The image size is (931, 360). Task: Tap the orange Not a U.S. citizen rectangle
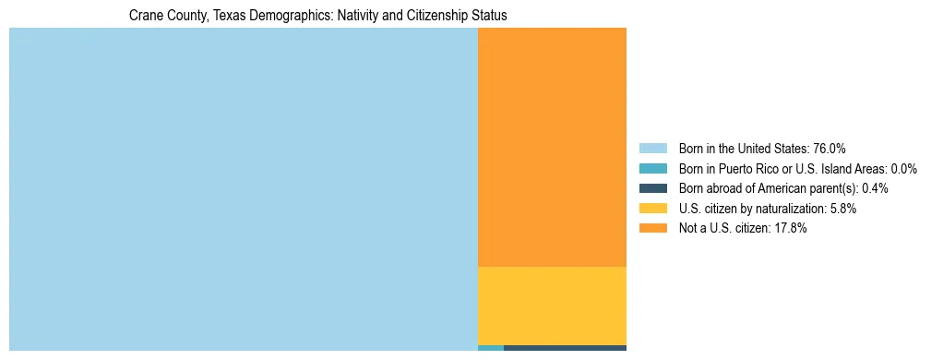pos(552,147)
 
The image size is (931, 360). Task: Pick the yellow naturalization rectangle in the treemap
pos(552,306)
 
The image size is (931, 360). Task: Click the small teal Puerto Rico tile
pos(491,348)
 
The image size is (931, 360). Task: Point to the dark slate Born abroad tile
pos(565,348)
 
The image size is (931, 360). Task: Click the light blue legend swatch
pos(652,149)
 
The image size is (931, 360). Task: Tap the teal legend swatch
pos(652,169)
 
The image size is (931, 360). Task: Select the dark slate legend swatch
pos(652,188)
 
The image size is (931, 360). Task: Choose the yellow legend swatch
pos(652,209)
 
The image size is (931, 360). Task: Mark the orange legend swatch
pos(652,229)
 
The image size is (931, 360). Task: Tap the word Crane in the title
pos(144,16)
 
